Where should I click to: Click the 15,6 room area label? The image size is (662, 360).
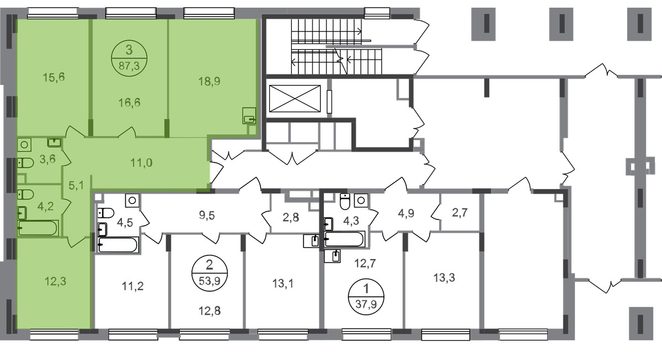(x=54, y=77)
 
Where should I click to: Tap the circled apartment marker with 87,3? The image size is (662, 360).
(x=129, y=58)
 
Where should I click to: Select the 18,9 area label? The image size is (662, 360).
(x=209, y=81)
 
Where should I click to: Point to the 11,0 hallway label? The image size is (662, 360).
(x=142, y=163)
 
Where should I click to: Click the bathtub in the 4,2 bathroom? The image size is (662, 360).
(x=38, y=228)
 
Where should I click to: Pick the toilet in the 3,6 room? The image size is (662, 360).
(x=25, y=163)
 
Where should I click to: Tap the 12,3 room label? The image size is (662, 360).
(x=56, y=282)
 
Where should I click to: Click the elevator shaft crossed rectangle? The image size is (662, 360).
(x=295, y=99)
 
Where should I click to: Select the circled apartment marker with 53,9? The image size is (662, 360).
(x=210, y=273)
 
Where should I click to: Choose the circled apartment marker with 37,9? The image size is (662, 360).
(x=366, y=297)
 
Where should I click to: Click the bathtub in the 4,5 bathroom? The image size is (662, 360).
(x=118, y=245)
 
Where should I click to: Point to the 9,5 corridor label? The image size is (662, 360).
(x=207, y=216)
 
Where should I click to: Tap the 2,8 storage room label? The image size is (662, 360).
(x=291, y=217)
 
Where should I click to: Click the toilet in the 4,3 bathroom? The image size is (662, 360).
(x=345, y=201)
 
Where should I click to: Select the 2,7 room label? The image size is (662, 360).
(x=460, y=213)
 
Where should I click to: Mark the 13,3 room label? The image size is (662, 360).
(x=444, y=278)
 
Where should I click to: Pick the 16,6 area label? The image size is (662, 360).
(x=130, y=103)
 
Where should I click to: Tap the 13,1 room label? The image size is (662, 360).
(x=283, y=283)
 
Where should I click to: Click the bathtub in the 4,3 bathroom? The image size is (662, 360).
(x=344, y=239)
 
